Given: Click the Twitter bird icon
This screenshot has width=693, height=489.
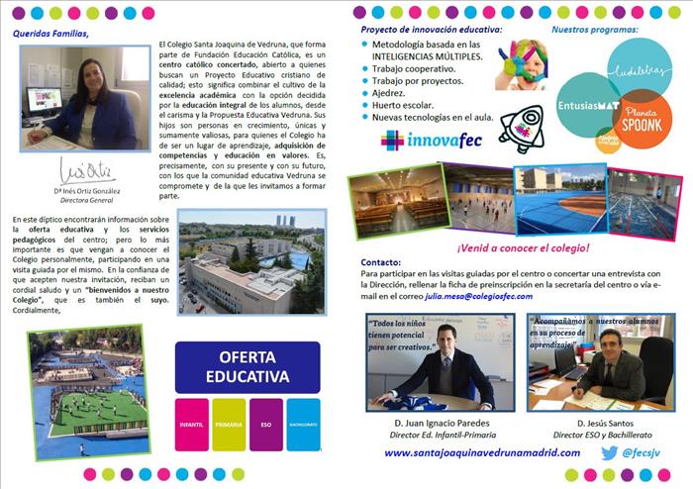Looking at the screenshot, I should (609, 452).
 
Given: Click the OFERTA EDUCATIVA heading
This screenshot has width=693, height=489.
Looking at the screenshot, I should (247, 367).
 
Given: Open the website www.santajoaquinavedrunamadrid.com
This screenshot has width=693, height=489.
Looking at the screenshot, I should (481, 452).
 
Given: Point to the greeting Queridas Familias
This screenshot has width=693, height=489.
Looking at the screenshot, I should (50, 32).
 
